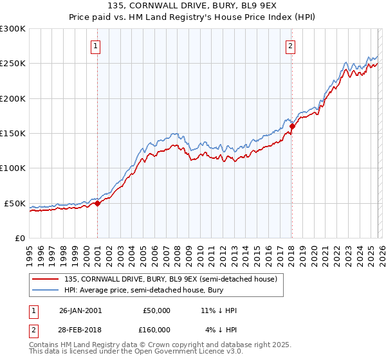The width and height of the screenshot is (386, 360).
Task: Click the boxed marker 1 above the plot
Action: click(x=96, y=46)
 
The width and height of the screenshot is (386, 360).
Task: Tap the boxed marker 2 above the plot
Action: click(x=291, y=46)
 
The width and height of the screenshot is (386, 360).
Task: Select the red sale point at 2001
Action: click(x=98, y=203)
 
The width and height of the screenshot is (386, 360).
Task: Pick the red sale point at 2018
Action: click(x=291, y=127)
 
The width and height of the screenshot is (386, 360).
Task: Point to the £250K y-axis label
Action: click(x=13, y=64)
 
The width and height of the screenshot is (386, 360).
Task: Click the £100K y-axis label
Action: click(x=13, y=168)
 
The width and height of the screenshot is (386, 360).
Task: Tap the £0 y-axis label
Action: click(x=19, y=238)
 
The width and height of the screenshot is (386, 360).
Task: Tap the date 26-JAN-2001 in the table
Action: click(x=80, y=310)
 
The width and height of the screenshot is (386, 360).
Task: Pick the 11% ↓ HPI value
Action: click(x=219, y=310)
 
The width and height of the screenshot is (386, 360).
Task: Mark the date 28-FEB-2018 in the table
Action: click(x=80, y=330)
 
